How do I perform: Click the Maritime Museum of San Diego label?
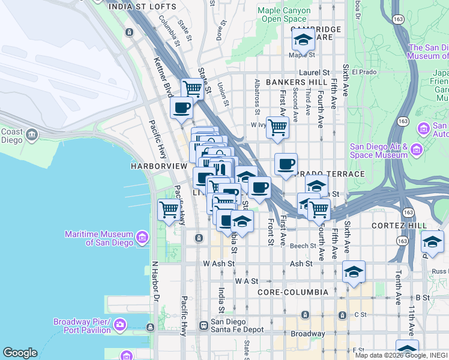[98, 238]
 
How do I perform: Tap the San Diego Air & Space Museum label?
[379, 151]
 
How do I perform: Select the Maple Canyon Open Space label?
[285, 15]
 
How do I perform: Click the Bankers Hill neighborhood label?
[297, 82]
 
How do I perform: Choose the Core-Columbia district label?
[292, 292]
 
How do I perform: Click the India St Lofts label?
[142, 7]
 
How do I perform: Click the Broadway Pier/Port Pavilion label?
[82, 325]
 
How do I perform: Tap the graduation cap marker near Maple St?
[303, 40]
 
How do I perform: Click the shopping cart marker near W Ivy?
[277, 127]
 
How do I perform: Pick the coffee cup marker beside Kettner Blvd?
[181, 108]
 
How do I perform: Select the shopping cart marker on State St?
[193, 89]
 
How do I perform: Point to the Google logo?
[20, 352]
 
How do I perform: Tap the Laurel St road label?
[316, 72]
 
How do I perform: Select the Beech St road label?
[303, 246]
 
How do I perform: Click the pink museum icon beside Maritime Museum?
[142, 238]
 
